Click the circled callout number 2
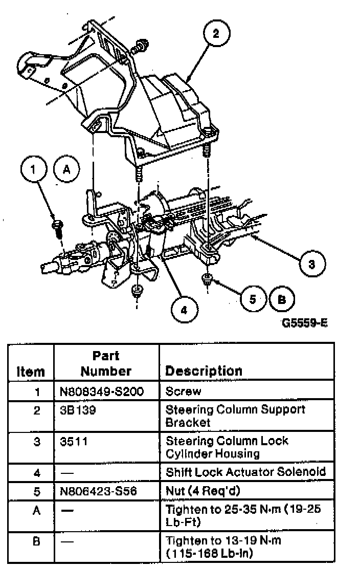click(215, 34)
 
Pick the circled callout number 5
click(252, 299)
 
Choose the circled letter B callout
click(281, 299)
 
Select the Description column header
click(204, 370)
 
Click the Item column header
click(30, 372)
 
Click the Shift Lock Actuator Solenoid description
click(245, 471)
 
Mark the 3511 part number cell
click(71, 441)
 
